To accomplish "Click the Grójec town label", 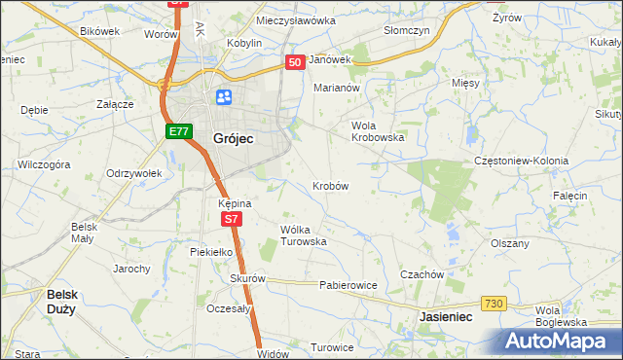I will (x=233, y=139).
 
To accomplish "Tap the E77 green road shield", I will (x=177, y=131).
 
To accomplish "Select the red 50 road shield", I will (x=296, y=61).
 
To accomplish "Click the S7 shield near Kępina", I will (x=230, y=220).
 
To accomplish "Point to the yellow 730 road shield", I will (x=495, y=305).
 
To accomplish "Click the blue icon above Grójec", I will (x=224, y=97).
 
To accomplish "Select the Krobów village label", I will (x=330, y=185).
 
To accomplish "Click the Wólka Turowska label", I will (x=302, y=235).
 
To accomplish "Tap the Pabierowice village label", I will (x=348, y=286).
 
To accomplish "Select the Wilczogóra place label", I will (x=44, y=165).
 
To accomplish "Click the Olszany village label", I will (x=509, y=243).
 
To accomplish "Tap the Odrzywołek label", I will (x=133, y=173).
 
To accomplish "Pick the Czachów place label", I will (x=421, y=274).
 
